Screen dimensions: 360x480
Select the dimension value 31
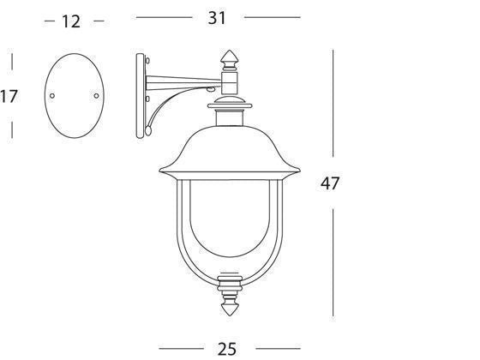pos(219,16)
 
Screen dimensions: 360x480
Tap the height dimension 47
pos(330,183)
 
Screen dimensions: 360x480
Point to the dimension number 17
pos(9,96)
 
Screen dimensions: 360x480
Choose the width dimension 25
pos(226,347)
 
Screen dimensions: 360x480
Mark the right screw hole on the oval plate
pos(95,95)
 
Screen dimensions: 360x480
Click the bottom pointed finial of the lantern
pos(230,301)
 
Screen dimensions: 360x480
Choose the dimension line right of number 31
pos(273,16)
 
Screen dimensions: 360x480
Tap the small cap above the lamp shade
pos(230,107)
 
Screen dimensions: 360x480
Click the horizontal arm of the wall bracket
pos(184,83)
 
